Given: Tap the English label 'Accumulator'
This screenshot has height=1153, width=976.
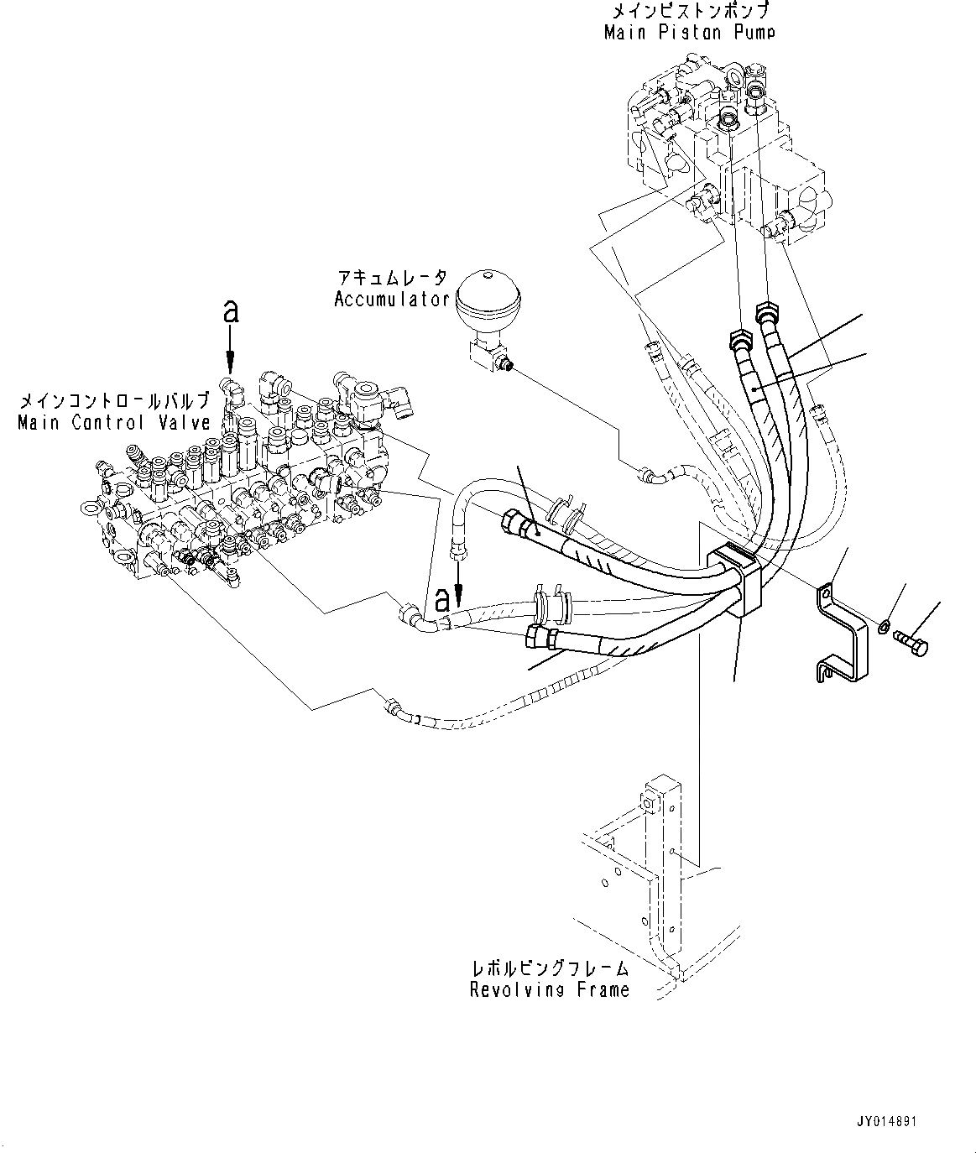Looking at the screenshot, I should (392, 300).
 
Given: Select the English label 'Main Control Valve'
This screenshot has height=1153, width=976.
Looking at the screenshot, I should (114, 422).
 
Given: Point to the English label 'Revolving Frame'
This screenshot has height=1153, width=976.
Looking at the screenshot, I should (549, 990).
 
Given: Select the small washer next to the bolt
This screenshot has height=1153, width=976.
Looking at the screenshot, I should (884, 626).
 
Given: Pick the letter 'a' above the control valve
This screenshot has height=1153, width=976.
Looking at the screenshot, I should (231, 312).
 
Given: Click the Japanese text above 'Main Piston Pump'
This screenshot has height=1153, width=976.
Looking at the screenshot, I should (688, 12).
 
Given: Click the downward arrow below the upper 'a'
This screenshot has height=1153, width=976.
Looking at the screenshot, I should (231, 352).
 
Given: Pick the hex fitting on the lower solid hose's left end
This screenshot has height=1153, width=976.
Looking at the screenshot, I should (538, 637).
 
